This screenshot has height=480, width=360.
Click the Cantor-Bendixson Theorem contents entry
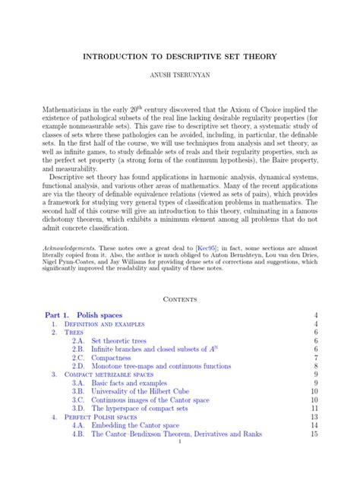(x=176, y=435)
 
